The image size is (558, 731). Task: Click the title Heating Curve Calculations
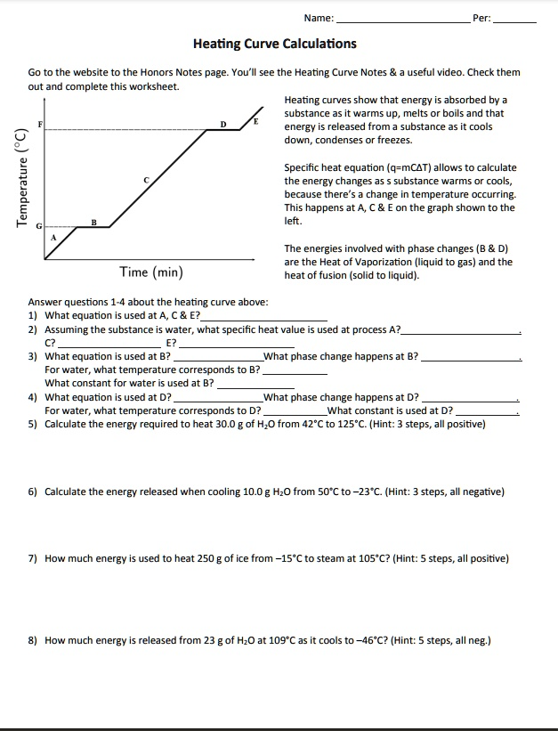coord(275,44)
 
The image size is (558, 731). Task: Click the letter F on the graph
coord(38,122)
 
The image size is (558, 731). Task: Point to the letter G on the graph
coord(38,227)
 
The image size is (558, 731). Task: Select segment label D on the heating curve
coord(223,124)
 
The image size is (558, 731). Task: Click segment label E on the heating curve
coord(255,119)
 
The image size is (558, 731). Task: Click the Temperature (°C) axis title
coord(20,178)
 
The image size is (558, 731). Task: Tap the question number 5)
coord(33,424)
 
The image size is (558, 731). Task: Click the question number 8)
coord(33,640)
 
